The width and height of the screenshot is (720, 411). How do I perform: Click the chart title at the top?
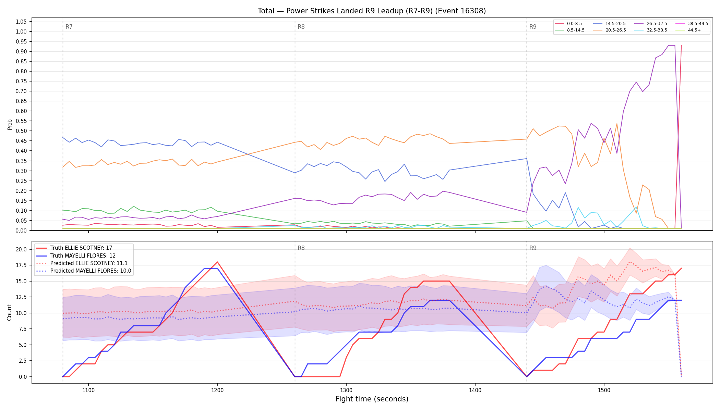(372, 11)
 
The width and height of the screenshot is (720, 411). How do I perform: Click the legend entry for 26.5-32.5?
(650, 24)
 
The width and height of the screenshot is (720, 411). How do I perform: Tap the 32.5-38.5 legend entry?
(650, 30)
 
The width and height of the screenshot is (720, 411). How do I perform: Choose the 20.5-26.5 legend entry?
(609, 30)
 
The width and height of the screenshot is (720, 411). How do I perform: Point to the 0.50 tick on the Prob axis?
(21, 131)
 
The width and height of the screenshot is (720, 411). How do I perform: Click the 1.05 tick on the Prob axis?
(21, 22)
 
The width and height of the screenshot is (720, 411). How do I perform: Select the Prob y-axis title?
(10, 124)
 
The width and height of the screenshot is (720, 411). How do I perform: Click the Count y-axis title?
(9, 312)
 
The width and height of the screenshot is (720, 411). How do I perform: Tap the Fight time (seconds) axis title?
(372, 399)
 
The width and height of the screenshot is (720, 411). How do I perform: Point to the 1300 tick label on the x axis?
(346, 390)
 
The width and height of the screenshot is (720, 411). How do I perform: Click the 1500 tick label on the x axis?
(604, 390)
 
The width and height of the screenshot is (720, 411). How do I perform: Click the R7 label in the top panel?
(69, 27)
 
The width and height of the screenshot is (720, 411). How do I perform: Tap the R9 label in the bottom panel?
(533, 248)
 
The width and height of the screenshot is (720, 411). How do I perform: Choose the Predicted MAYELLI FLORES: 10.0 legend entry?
(84, 271)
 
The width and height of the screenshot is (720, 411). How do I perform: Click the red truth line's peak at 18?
(217, 262)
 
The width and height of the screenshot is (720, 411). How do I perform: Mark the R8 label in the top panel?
(301, 27)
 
